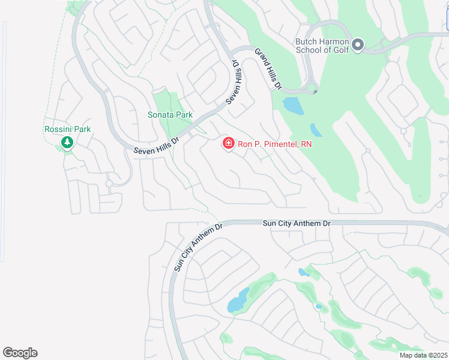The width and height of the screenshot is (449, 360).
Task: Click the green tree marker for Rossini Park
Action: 67,143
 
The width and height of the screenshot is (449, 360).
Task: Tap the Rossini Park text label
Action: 67,129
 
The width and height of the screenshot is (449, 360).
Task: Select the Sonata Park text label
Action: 170,114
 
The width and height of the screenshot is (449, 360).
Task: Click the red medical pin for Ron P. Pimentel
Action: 228,143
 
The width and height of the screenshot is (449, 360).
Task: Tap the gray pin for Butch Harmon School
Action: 358,45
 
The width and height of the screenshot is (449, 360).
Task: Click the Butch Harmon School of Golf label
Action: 322,46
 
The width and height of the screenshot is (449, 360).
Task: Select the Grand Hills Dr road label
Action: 268,69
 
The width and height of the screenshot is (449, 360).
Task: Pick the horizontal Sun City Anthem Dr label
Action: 297,223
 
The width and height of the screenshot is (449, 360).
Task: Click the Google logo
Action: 20,353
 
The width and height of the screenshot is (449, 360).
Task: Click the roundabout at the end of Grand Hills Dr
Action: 312,89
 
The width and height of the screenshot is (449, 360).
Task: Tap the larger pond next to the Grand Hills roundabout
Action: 293,106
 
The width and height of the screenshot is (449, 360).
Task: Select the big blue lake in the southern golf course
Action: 238,300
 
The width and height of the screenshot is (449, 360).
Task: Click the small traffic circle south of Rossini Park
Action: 109,184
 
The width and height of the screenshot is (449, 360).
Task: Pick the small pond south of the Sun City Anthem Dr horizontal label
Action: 304,272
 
